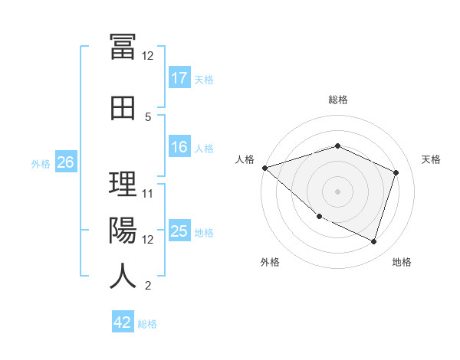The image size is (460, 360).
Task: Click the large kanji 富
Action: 123,47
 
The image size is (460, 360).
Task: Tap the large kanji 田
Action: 123,108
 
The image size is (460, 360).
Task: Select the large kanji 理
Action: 123,184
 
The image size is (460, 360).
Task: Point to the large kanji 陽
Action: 123,230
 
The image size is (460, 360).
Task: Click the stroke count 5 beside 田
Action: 148,117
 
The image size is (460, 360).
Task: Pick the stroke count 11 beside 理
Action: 147,194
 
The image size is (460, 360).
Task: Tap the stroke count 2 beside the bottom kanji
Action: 148,286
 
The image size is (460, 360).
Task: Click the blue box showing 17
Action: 179,77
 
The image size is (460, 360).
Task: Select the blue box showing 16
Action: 179,146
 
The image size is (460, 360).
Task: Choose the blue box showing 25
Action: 179,230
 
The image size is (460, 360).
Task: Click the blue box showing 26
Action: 66,162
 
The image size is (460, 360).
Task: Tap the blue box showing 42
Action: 123,321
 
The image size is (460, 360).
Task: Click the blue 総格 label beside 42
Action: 147,324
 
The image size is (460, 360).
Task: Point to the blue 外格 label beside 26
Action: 41,164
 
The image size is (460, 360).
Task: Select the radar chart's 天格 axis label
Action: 431,159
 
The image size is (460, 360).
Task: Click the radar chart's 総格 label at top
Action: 338,100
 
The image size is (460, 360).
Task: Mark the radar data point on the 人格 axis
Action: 265,168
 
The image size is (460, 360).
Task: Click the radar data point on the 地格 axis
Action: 373,242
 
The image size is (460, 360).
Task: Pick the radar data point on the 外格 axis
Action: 320,217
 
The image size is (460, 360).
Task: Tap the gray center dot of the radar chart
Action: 337,191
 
